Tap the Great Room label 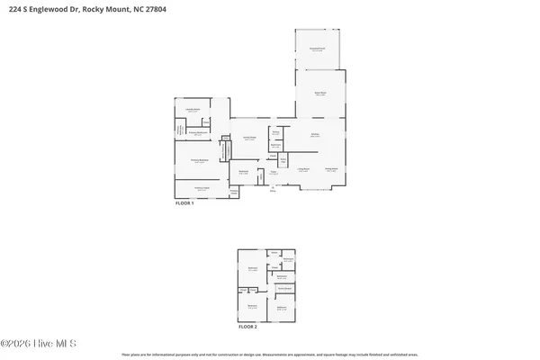click(x=319, y=93)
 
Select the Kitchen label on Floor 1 click(x=316, y=135)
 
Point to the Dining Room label click(x=331, y=169)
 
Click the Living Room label click(x=304, y=169)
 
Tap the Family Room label click(x=251, y=138)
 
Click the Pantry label click(x=276, y=133)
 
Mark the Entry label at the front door click(x=273, y=189)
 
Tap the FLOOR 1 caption click(x=184, y=204)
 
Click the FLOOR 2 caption click(x=247, y=327)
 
